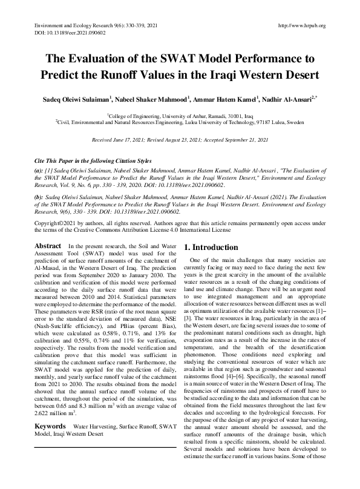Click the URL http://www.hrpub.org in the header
click(301, 25)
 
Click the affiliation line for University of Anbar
click(180, 114)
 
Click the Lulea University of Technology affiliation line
click(180, 121)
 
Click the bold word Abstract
click(47, 246)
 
